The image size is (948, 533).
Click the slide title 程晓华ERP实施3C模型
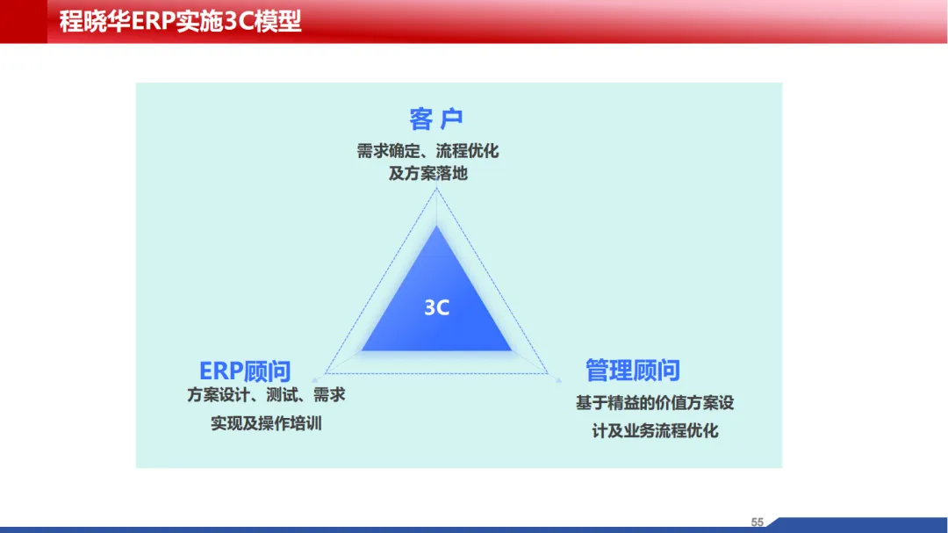click(x=180, y=22)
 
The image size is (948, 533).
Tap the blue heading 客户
click(x=436, y=119)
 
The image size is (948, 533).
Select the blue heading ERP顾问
click(x=245, y=371)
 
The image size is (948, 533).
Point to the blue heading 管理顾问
click(x=632, y=371)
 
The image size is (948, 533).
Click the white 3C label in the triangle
click(x=436, y=307)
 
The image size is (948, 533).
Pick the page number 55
click(x=757, y=522)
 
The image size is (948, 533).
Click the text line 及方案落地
click(x=428, y=174)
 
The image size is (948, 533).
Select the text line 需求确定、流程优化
click(x=427, y=151)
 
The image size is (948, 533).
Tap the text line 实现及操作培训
click(x=266, y=423)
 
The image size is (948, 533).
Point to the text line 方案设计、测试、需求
click(x=266, y=395)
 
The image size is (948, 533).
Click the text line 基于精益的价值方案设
click(x=655, y=403)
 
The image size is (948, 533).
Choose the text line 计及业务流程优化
click(x=655, y=431)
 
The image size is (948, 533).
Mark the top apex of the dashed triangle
click(x=436, y=190)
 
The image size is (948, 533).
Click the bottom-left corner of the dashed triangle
click(x=326, y=373)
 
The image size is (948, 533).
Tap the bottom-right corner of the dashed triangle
click(x=548, y=373)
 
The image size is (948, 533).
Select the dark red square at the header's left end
click(x=24, y=21)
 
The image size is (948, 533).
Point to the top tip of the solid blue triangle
click(x=436, y=226)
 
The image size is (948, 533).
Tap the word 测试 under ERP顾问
click(x=282, y=395)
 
